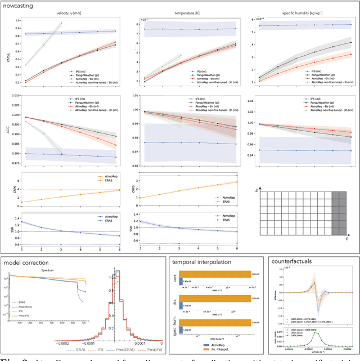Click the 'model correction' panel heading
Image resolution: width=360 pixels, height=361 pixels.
pos(26,263)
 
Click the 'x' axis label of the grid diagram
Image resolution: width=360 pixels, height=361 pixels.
pos(257,193)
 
